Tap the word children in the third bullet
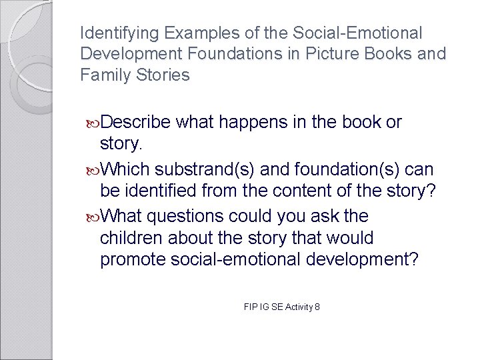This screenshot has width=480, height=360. point(129,238)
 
